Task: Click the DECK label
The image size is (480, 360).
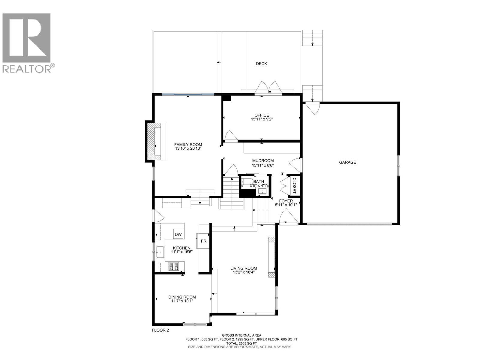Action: pyautogui.click(x=261, y=64)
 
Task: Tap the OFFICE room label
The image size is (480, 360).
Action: pyautogui.click(x=262, y=115)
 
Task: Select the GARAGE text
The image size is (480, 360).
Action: pyautogui.click(x=347, y=162)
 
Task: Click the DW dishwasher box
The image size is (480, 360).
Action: pyautogui.click(x=178, y=235)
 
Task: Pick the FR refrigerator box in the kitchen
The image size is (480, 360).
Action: pyautogui.click(x=204, y=241)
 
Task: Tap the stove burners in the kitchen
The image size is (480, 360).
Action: pyautogui.click(x=173, y=266)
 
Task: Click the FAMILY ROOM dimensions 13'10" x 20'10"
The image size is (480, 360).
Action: pyautogui.click(x=188, y=149)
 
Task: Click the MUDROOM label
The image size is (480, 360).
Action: pyautogui.click(x=263, y=161)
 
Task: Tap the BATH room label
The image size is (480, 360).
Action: pyautogui.click(x=259, y=181)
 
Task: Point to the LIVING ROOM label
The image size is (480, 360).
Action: pyautogui.click(x=244, y=268)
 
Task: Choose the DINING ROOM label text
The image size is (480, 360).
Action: pyautogui.click(x=182, y=297)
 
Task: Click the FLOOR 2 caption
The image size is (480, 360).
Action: pyautogui.click(x=160, y=330)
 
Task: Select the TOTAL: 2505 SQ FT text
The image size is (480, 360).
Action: pyautogui.click(x=241, y=343)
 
